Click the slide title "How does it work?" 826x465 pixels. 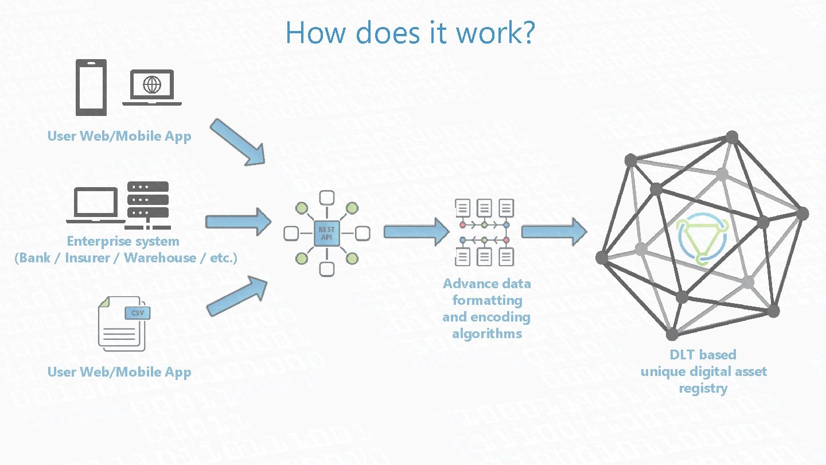pos(410,32)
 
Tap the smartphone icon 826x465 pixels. pos(91,88)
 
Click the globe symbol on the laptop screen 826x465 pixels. pos(152,85)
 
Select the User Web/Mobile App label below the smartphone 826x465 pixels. pos(119,136)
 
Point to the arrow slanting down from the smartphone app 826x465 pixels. pos(237,142)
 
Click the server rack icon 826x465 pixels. pos(148,201)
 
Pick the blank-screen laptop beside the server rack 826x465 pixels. pos(95,205)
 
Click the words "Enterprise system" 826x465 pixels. pos(123,241)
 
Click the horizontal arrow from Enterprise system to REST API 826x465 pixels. pos(237,222)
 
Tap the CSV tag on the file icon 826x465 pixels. pos(138,313)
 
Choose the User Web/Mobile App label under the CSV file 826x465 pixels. pos(119,372)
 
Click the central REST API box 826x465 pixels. pos(327,233)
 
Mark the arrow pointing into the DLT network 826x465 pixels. pos(554,232)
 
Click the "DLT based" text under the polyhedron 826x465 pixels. pos(703,355)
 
